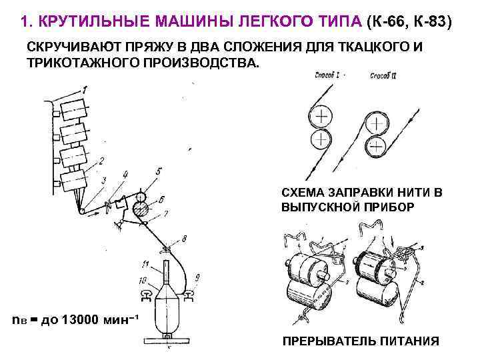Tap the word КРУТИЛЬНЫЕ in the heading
point(84,22)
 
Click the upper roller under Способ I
point(322,117)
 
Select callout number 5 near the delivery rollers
point(158,171)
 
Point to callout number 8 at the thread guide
point(184,237)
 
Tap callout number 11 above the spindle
point(146,265)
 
